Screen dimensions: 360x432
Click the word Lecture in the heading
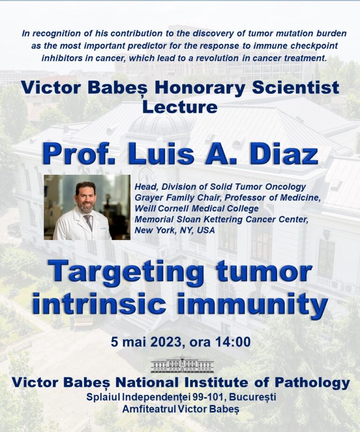(180, 107)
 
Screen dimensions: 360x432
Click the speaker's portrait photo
(87, 207)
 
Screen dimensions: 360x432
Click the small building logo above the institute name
(182, 364)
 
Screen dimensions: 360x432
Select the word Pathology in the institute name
(312, 383)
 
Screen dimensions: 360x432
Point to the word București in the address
(253, 397)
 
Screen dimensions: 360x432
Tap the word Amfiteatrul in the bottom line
(149, 409)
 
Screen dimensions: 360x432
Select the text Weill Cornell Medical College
(196, 209)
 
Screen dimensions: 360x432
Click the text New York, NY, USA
(174, 231)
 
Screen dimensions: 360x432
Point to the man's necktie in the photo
(89, 222)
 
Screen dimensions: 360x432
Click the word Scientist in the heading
(295, 88)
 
